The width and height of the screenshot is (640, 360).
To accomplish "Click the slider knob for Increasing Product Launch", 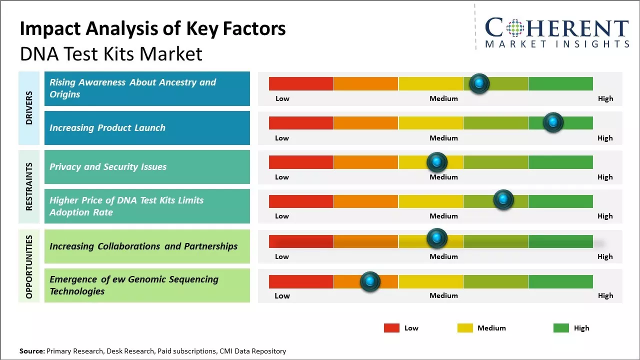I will tap(553, 122).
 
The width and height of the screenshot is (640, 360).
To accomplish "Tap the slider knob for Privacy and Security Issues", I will tap(436, 162).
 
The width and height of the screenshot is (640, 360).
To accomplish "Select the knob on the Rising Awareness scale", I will tap(479, 83).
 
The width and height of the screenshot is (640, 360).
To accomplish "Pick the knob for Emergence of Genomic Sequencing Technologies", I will tap(370, 282).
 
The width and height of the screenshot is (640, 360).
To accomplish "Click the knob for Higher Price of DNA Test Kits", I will tap(503, 200).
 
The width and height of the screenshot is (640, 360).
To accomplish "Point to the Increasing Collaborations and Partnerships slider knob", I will tap(436, 238).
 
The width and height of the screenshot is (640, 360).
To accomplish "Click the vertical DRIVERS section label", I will tap(29, 107).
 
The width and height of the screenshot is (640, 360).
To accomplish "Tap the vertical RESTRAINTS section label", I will tap(29, 186).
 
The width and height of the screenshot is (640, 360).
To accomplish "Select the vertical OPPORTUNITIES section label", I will tap(29, 266).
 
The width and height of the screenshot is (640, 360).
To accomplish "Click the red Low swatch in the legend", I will tap(391, 328).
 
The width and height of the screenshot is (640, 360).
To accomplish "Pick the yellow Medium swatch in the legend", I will tap(465, 328).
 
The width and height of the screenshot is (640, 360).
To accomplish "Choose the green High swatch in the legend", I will tap(561, 328).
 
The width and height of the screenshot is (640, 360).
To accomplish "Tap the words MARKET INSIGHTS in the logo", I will tap(557, 44).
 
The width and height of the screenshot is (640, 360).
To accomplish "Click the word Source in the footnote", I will tap(31, 351).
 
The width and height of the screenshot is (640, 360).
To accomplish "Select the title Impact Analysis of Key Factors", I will tap(152, 29).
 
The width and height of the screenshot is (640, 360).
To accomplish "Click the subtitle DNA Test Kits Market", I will tap(111, 54).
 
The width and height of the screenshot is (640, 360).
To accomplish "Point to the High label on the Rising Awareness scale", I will tap(605, 98).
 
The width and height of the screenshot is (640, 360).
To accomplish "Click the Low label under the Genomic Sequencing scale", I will tap(282, 295).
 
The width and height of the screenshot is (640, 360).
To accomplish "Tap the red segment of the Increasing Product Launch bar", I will tap(301, 122).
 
